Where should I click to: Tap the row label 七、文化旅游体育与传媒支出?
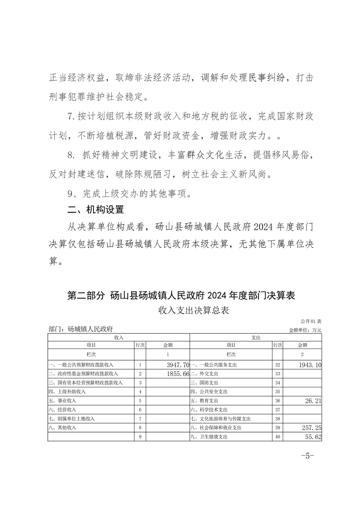221,419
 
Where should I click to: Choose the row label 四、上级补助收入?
65,392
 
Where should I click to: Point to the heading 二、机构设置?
95,210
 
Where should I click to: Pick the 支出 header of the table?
256,338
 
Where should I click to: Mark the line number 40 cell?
277,436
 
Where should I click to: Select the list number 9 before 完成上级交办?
70,194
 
